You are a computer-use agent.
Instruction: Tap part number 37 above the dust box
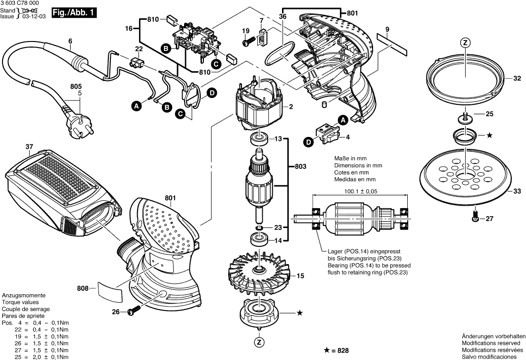tap(29, 146)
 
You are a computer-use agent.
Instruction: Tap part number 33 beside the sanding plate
tap(517, 191)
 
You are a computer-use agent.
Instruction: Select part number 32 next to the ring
tap(517, 79)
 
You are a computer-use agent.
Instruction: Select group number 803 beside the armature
tap(300, 166)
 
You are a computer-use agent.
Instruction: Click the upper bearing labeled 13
tap(258, 139)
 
